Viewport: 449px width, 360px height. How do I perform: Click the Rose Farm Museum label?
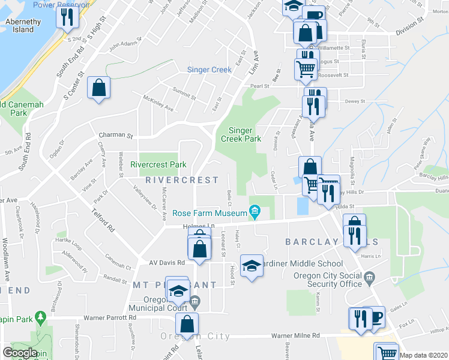tap(210, 213)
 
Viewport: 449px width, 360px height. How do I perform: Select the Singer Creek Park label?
tap(245, 134)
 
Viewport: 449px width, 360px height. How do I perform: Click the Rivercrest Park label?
tap(158, 164)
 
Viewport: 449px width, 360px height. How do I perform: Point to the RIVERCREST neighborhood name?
tap(182, 180)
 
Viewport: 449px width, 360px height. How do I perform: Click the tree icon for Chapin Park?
tap(41, 316)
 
